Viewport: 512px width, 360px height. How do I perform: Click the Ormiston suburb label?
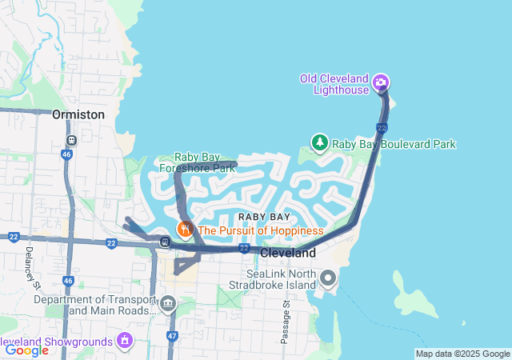tap(78, 114)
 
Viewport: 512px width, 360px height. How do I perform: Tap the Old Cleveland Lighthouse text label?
tap(334, 84)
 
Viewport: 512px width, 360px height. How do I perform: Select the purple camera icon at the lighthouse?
tap(382, 82)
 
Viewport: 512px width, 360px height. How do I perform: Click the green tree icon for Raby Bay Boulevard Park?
tap(320, 142)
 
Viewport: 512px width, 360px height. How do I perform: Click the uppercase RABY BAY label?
tap(264, 217)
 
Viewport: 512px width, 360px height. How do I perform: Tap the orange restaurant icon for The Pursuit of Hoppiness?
tap(186, 230)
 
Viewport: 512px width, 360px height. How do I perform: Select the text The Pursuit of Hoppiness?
tap(260, 230)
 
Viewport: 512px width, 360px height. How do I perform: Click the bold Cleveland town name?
tap(288, 253)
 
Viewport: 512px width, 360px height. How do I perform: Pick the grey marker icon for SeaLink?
tap(328, 278)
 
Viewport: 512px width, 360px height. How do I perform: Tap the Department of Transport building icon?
tap(168, 303)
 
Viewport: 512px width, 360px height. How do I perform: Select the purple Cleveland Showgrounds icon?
tap(124, 341)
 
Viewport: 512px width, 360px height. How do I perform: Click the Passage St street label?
tap(285, 322)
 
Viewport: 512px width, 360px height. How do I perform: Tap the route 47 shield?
tap(172, 337)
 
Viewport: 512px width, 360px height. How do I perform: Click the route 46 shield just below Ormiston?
tap(70, 140)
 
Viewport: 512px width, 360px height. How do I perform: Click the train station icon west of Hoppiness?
tap(165, 242)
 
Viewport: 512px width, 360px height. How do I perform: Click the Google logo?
tap(26, 350)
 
